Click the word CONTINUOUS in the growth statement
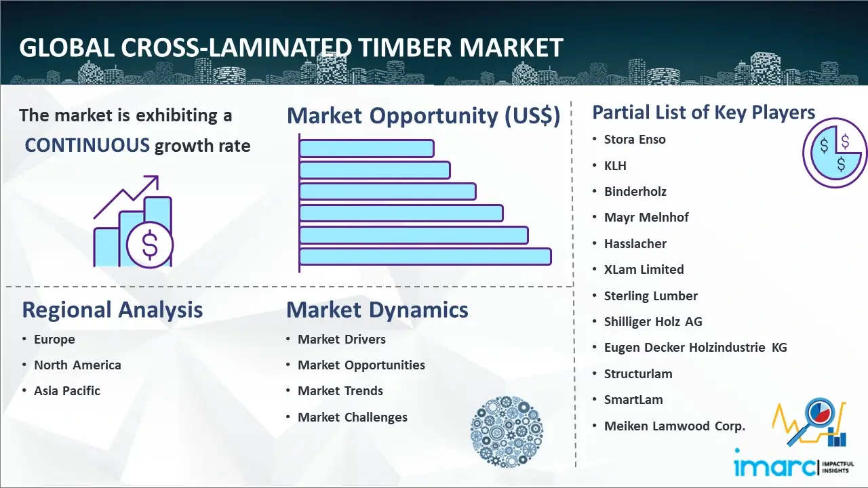87,146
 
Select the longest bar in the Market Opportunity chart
425,257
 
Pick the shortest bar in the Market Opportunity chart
367,148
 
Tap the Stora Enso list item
635,140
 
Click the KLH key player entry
615,166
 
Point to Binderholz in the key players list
635,191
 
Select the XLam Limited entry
644,270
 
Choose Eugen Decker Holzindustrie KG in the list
696,348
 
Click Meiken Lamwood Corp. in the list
675,426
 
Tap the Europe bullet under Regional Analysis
54,340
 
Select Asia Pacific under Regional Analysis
67,391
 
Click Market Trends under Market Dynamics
340,391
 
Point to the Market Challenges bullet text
352,417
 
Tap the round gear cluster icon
507,432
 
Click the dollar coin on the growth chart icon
150,245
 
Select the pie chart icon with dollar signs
834,153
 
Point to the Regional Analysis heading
113,310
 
